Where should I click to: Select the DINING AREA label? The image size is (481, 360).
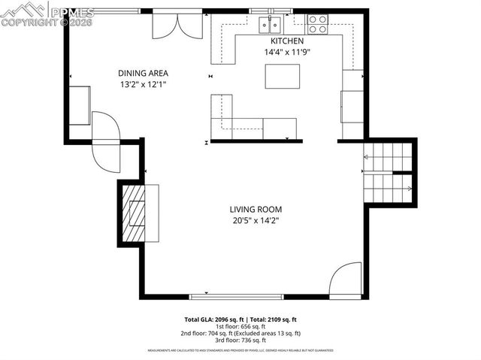(x=143, y=73)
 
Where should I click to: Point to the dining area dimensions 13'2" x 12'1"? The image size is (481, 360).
(x=143, y=84)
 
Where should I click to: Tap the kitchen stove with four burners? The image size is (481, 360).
(x=317, y=24)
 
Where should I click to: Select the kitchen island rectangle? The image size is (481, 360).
(x=282, y=76)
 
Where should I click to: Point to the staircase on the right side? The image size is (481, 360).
(x=388, y=174)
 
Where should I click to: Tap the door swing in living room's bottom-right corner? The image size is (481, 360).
(x=346, y=279)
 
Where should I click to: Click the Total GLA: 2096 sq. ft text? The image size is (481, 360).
(x=212, y=319)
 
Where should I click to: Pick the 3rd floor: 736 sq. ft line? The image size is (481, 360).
(x=240, y=340)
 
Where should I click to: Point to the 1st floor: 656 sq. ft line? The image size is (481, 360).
(x=240, y=326)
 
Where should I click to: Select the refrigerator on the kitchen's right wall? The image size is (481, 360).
(x=352, y=106)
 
